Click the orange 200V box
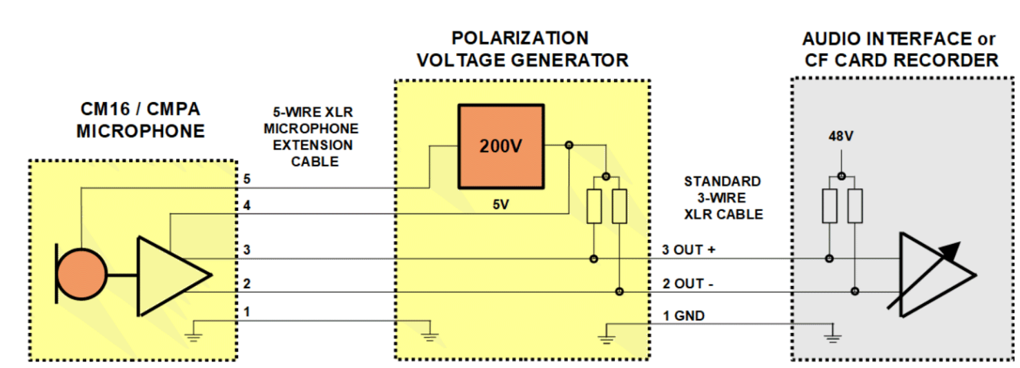point(501,146)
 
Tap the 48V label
point(841,136)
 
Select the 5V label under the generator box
point(501,205)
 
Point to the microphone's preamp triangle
point(169,274)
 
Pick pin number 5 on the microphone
point(247,179)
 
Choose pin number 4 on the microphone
point(247,205)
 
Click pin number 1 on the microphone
point(247,312)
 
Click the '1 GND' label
point(683,316)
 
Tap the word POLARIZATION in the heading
point(519,38)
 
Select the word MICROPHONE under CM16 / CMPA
point(141,131)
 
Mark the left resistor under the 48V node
point(829,205)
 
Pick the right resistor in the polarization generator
point(619,206)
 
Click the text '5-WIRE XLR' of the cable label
point(315,113)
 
